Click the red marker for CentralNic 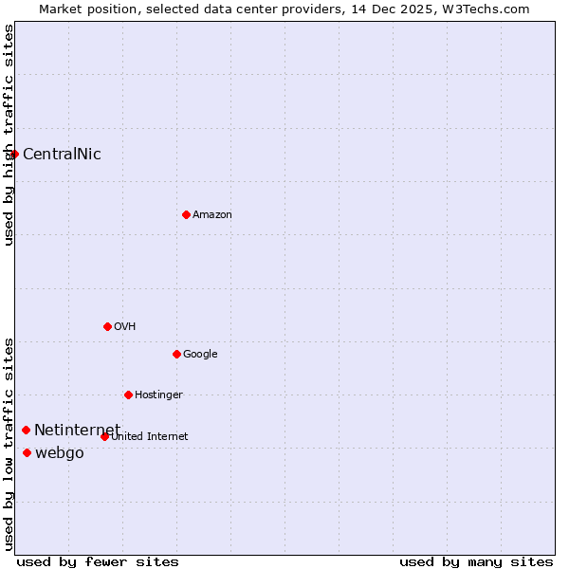(x=14, y=154)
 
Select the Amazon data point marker (x=186, y=214)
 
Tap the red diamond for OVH (x=107, y=326)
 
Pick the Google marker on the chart (x=176, y=354)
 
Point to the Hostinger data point (x=128, y=395)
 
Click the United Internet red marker (x=104, y=436)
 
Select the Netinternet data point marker (x=26, y=430)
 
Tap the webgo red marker (x=27, y=452)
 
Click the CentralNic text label (x=62, y=155)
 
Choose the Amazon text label (x=212, y=215)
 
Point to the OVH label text (x=125, y=327)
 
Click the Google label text (x=200, y=355)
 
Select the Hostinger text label (x=158, y=395)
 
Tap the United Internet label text (x=150, y=437)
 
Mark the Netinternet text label (x=77, y=431)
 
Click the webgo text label (x=60, y=453)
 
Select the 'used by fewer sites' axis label (x=98, y=561)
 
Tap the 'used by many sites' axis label (x=476, y=561)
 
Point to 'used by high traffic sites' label (x=9, y=135)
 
